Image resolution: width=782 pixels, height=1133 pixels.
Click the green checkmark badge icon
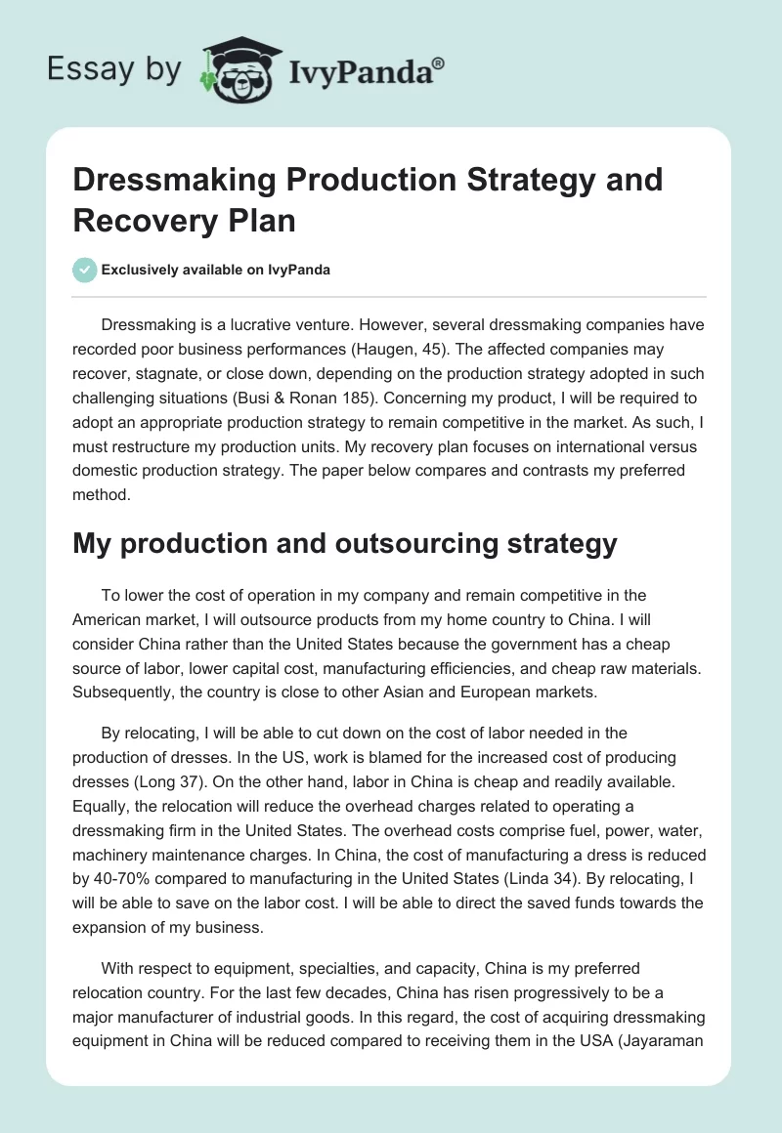click(85, 270)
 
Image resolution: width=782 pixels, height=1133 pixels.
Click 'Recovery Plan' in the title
click(185, 220)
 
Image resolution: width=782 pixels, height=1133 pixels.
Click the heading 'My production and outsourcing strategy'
click(345, 544)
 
